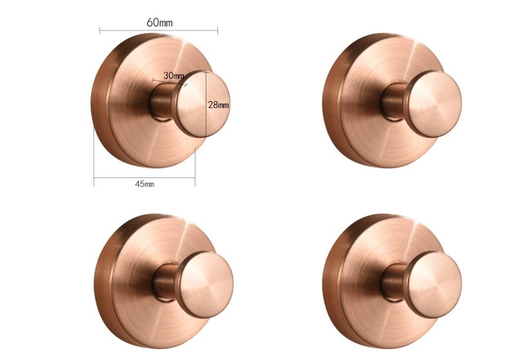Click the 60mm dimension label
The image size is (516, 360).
click(x=159, y=23)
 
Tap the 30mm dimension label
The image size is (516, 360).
click(x=174, y=75)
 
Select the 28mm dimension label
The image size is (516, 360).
click(x=218, y=105)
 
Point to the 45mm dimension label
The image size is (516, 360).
click(x=144, y=184)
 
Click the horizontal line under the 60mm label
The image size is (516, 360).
click(x=159, y=30)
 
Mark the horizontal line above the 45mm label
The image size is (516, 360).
click(x=144, y=177)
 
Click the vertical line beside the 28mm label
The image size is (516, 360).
click(x=206, y=104)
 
